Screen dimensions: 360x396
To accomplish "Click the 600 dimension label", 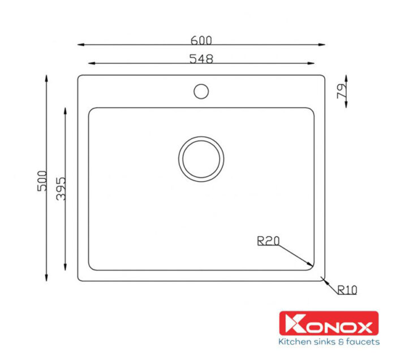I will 201,40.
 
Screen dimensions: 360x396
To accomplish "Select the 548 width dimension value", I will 201,58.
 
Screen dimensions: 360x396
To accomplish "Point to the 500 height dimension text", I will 41,180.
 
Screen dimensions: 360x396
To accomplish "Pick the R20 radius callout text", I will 268,241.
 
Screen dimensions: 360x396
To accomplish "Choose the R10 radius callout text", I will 347,290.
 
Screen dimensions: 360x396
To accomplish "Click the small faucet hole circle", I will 201,90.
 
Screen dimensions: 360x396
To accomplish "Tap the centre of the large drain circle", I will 201,159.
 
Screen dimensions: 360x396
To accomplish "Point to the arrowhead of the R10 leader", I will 323,277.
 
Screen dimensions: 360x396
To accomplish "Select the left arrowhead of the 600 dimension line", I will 80,44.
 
